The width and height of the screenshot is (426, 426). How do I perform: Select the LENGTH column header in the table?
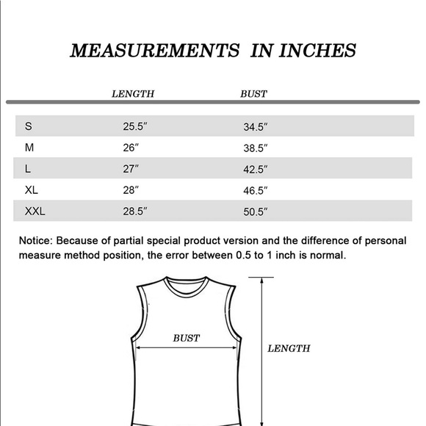click(132, 94)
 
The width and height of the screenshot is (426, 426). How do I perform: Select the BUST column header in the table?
click(253, 94)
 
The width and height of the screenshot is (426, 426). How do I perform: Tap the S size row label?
click(28, 126)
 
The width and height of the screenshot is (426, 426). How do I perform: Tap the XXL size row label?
click(35, 212)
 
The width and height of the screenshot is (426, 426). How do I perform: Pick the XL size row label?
click(32, 190)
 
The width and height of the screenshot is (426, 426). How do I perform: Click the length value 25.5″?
click(135, 126)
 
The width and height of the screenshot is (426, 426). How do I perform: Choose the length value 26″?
click(131, 148)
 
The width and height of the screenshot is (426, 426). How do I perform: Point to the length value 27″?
click(131, 169)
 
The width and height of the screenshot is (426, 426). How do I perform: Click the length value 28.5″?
click(135, 212)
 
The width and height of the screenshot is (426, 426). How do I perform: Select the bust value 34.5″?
click(256, 126)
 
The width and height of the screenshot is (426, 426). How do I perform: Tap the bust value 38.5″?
click(256, 148)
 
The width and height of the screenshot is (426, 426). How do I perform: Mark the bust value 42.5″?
click(256, 169)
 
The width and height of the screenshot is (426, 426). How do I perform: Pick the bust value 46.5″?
click(256, 190)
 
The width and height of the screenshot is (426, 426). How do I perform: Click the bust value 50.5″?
click(256, 212)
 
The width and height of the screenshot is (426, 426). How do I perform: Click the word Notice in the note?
click(35, 240)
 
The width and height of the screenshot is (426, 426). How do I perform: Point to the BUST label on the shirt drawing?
click(186, 339)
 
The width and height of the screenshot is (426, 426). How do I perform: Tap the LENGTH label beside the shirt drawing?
click(288, 349)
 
